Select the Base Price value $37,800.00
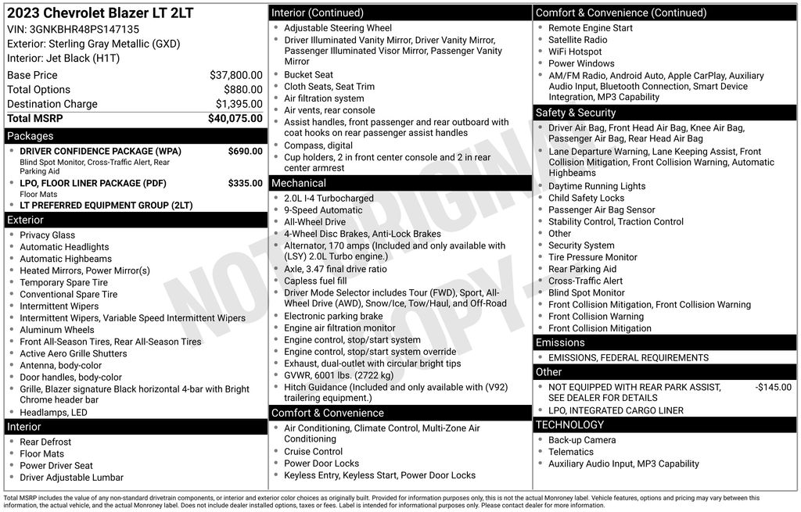click(x=235, y=75)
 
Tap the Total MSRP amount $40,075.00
click(x=235, y=119)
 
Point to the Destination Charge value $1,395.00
click(x=239, y=104)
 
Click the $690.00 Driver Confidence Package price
click(x=245, y=151)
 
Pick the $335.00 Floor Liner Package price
click(x=245, y=183)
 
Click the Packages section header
click(x=31, y=136)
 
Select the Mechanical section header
click(x=299, y=183)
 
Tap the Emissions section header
click(x=560, y=342)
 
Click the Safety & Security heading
click(x=576, y=113)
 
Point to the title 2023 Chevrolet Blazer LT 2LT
click(x=100, y=13)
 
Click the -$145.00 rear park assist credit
click(x=773, y=387)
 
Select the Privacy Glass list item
click(x=48, y=235)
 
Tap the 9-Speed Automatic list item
click(x=323, y=210)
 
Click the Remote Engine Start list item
click(x=591, y=28)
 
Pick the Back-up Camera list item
click(x=582, y=440)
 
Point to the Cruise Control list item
click(x=313, y=452)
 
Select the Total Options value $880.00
click(x=242, y=90)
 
